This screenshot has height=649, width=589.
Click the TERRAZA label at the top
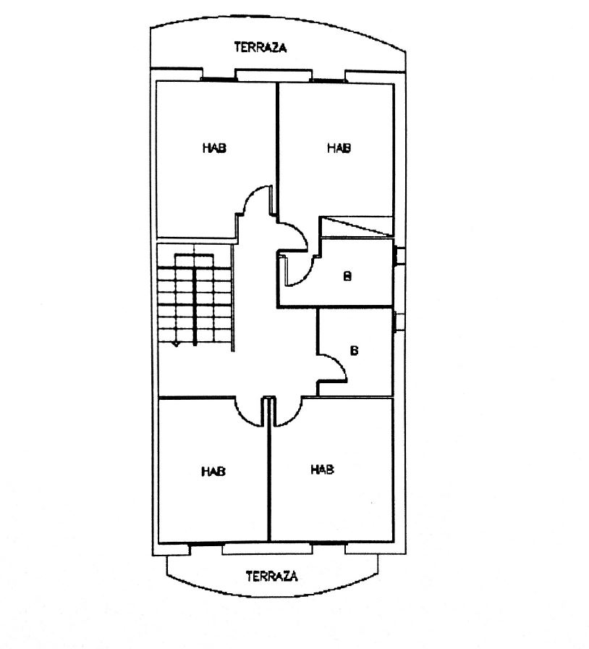pos(260,47)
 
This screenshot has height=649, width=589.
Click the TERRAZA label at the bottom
pos(272,576)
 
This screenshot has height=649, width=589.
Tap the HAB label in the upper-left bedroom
pos(215,148)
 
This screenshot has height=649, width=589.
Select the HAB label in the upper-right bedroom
pos(339,148)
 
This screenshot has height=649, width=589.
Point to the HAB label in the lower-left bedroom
pos(213,471)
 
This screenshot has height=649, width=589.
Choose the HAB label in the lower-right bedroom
pos(322,469)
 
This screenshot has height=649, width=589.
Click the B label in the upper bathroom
pos(347,276)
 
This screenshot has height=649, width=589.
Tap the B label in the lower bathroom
pos(354,351)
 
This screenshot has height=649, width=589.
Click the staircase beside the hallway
pos(195,299)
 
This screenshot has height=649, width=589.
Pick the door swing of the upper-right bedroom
pos(299,230)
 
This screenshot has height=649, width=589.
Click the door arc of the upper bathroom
pos(304,277)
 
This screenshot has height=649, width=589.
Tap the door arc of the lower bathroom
pos(339,360)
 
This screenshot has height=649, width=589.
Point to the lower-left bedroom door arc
pos(243,418)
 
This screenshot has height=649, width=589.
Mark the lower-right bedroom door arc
pos(294,418)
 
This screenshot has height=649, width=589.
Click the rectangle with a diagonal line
pos(357,227)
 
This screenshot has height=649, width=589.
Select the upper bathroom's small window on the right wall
pos(399,256)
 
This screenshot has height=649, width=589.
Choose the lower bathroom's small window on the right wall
pos(399,322)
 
